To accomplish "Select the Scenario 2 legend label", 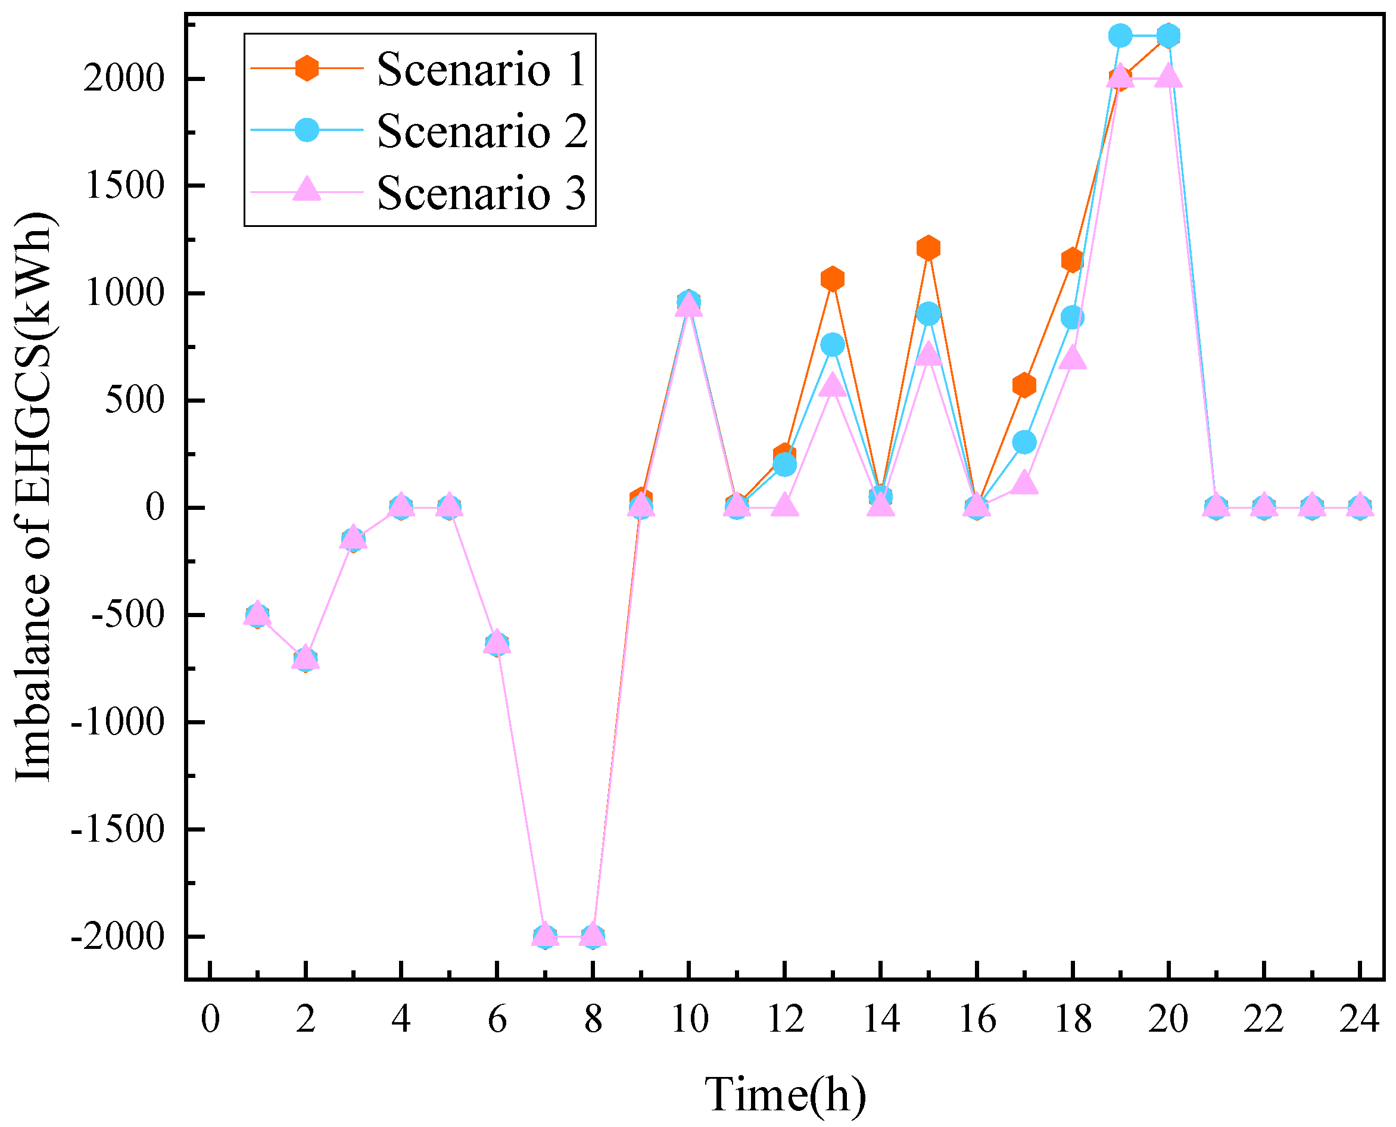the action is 482,130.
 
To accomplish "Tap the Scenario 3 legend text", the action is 482,193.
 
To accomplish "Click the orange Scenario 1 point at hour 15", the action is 928,248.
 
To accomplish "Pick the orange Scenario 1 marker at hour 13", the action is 832,279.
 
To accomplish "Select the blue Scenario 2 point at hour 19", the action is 1120,36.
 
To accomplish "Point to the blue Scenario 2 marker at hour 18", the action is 1072,317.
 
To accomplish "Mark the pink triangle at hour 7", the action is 544,933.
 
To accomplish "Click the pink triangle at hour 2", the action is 305,656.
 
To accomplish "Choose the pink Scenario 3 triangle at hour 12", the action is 784,505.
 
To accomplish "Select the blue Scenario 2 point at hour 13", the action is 832,345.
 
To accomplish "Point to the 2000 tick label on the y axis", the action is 124,79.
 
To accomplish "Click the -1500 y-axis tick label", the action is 117,830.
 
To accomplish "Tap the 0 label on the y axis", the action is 155,508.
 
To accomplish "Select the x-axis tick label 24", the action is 1360,1019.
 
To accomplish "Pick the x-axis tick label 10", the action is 688,1019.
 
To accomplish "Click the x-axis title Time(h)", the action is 786,1095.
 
